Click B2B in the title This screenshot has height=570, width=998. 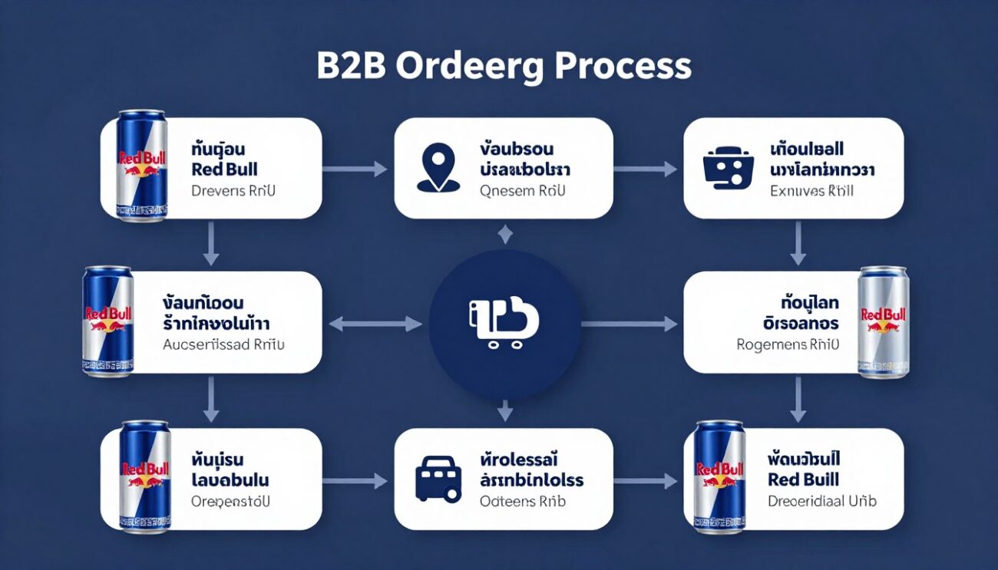(350, 67)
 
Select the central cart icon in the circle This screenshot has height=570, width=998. (504, 321)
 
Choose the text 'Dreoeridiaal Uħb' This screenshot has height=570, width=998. (821, 501)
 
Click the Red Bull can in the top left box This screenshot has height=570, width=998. (142, 166)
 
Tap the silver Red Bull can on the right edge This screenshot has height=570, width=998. (883, 322)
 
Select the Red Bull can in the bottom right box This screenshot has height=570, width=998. (719, 476)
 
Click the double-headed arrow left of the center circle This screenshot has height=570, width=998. (375, 325)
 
